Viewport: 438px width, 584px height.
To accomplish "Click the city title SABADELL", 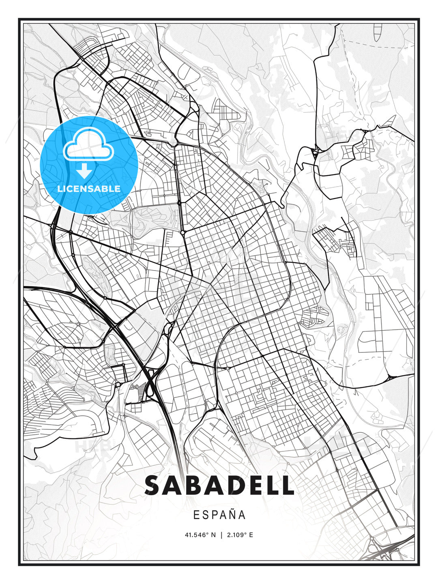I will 219,485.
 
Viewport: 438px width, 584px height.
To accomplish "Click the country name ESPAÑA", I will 219,515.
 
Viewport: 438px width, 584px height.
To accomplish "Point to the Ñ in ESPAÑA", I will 230,515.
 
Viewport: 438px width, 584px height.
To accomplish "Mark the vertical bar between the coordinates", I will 221,535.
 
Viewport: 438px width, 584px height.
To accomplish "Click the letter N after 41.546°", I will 213,535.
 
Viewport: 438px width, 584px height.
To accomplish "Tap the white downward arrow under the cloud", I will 84,171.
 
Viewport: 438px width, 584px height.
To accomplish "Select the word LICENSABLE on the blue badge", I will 89,189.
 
